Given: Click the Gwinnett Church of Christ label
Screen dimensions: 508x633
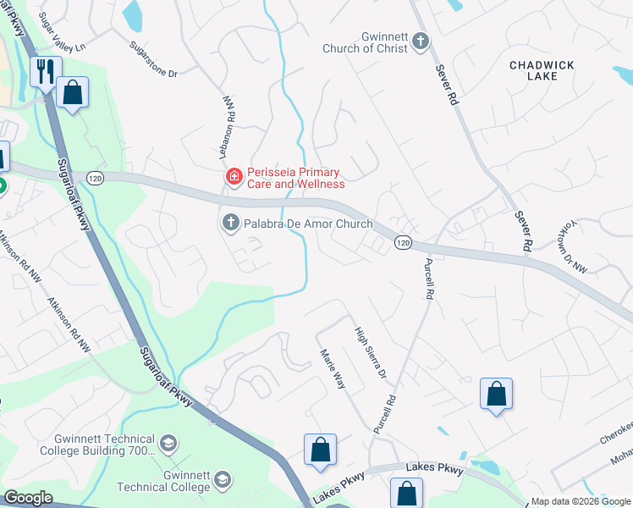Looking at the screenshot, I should pos(365,43).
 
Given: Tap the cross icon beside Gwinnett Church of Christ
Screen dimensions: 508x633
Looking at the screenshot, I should pos(421,42).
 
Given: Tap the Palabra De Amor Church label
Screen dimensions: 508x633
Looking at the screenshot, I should pos(308,224).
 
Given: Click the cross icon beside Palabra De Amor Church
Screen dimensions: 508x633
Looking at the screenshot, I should pos(229,224).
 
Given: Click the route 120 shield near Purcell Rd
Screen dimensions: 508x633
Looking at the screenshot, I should pos(403,242).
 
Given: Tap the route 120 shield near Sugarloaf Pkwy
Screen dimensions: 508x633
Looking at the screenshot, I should pos(95,178).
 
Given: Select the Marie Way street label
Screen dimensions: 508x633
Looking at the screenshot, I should pos(333,369).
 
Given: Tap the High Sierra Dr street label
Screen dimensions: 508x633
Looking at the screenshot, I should pos(370,353).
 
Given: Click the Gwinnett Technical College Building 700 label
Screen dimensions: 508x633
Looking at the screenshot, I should pos(98,444).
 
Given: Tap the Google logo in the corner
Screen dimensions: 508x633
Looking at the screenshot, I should pos(28,498).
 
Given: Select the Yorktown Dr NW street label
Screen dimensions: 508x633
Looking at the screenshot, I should pos(575,249).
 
